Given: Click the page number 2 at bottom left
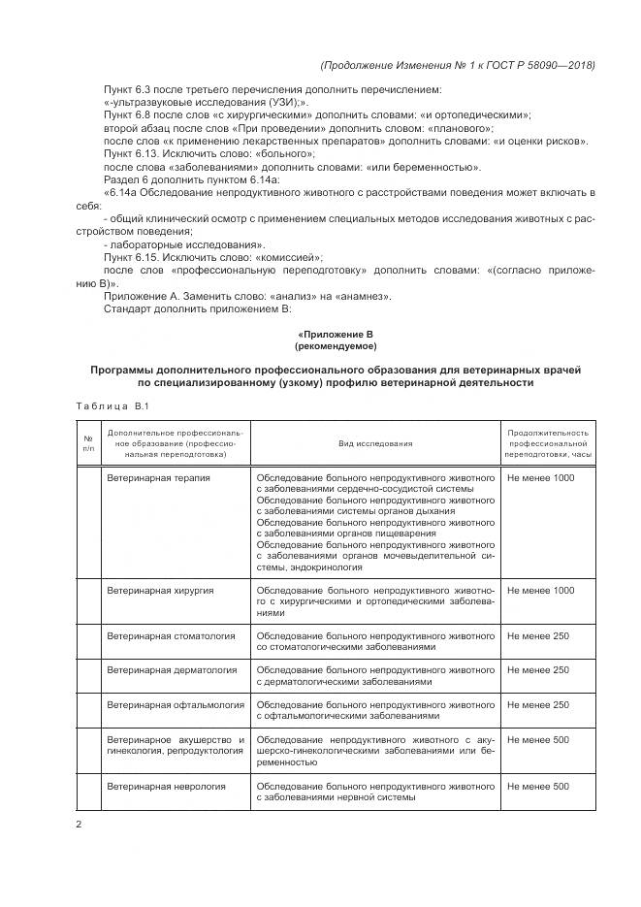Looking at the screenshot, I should tap(80, 826).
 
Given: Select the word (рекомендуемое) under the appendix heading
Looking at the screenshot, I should tap(336, 346).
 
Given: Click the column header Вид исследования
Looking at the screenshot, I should tap(375, 443).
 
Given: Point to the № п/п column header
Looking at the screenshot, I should tap(88, 443).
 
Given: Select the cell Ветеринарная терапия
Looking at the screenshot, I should tap(158, 478).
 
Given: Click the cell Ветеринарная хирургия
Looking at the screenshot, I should tap(160, 590).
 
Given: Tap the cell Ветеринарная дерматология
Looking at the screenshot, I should tap(172, 670).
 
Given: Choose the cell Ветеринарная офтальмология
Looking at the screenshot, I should tap(175, 705).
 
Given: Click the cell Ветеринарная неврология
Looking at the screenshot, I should tap(166, 786).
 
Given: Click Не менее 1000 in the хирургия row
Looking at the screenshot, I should tap(540, 590).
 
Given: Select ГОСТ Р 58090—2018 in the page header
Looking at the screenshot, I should tap(542, 65).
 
